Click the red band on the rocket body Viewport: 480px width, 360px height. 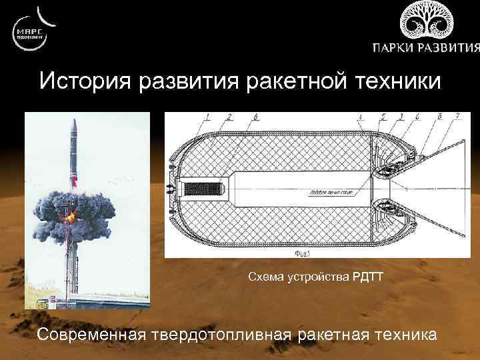pyautogui.click(x=75, y=180)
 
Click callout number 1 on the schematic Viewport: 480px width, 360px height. pyautogui.click(x=207, y=117)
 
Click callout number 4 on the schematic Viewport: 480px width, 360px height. pyautogui.click(x=360, y=117)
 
